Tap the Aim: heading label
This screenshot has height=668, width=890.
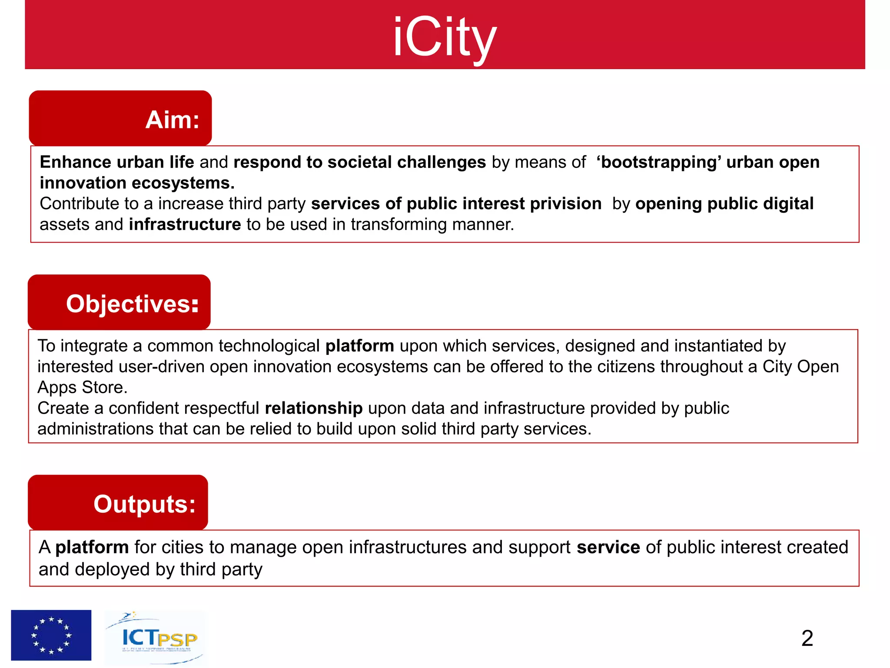pos(172,120)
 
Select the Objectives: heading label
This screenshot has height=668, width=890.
pos(133,304)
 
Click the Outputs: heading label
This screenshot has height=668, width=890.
pos(144,504)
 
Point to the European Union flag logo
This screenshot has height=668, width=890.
pos(51,635)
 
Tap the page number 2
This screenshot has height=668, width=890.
pos(807,638)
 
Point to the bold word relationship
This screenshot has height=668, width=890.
pos(313,408)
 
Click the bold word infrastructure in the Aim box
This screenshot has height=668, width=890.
pos(185,224)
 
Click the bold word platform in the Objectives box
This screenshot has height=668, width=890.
pos(359,346)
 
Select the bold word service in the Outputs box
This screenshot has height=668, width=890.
pos(608,547)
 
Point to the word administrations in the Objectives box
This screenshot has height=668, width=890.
pos(95,429)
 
